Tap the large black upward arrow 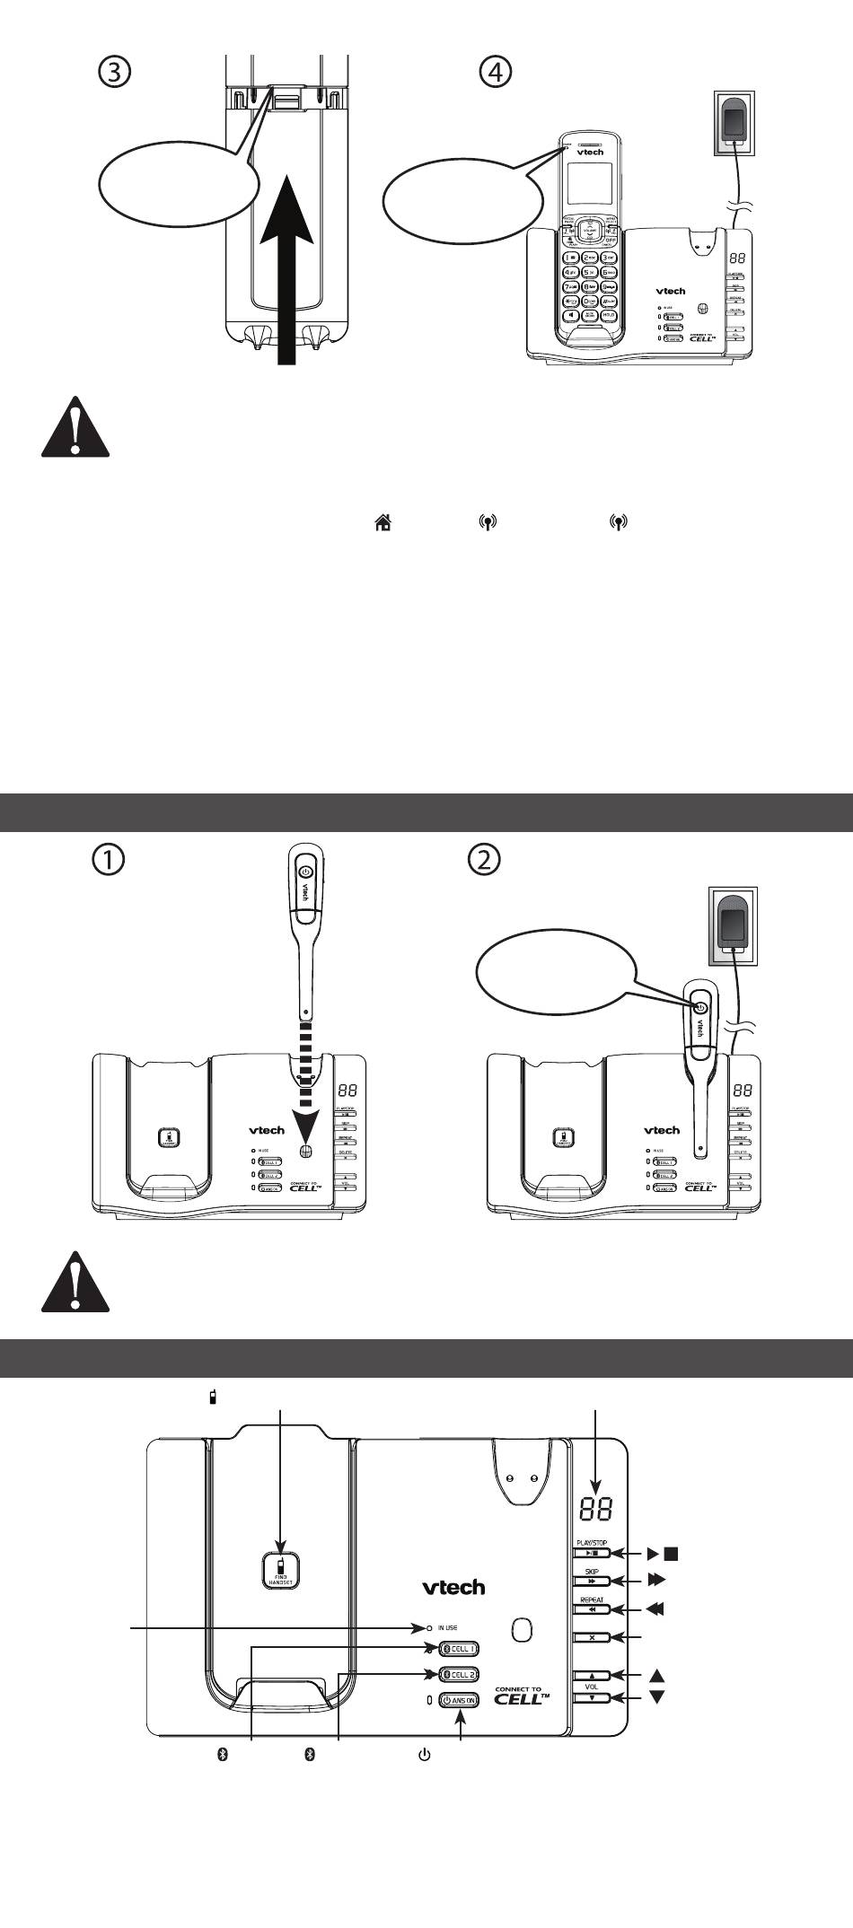(286, 269)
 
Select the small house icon (383, 522)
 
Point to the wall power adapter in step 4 (736, 124)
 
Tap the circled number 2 (485, 859)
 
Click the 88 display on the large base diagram (597, 1509)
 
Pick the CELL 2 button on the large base (459, 1674)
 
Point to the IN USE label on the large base (446, 1627)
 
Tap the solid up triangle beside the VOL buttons (656, 1675)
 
